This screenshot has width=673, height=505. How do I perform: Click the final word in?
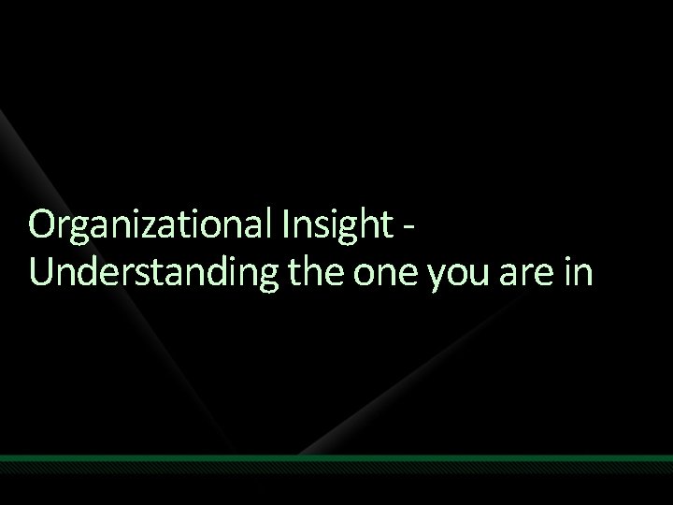[x=578, y=268]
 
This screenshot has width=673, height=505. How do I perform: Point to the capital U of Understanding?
[x=42, y=269]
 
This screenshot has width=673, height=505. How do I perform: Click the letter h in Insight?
[x=373, y=224]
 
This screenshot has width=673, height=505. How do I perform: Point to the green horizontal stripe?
[x=336, y=458]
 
